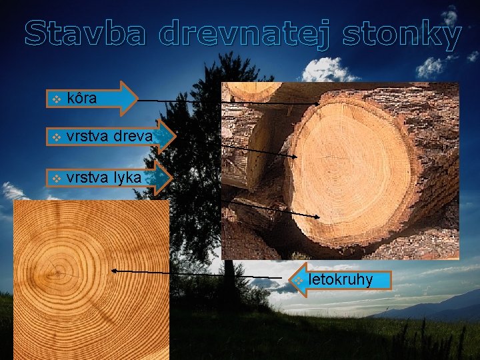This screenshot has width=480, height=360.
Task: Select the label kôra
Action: pyautogui.click(x=82, y=99)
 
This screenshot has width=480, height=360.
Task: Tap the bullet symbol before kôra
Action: pyautogui.click(x=57, y=99)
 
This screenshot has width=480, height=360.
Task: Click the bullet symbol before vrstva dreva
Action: pyautogui.click(x=57, y=138)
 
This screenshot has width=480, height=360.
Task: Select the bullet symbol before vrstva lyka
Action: pyautogui.click(x=57, y=178)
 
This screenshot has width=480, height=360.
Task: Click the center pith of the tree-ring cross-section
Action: pyautogui.click(x=60, y=272)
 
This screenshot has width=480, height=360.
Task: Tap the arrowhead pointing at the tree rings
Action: pyautogui.click(x=114, y=271)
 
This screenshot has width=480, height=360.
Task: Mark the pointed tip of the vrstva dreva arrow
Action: pyautogui.click(x=175, y=137)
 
